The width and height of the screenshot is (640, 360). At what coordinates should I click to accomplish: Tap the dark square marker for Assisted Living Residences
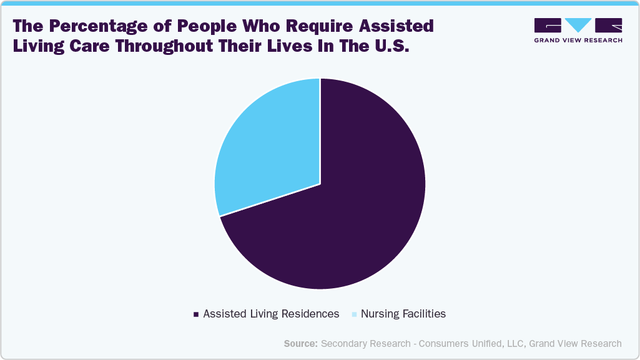pyautogui.click(x=196, y=314)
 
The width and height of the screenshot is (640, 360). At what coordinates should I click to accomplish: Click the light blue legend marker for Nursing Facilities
pyautogui.click(x=354, y=314)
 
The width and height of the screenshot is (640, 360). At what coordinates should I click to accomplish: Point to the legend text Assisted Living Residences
pyautogui.click(x=271, y=314)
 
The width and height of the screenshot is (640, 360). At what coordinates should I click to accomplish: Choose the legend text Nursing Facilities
pyautogui.click(x=403, y=314)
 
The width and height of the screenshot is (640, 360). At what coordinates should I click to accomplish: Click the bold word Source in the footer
pyautogui.click(x=300, y=343)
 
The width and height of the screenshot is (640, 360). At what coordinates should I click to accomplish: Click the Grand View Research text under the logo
pyautogui.click(x=578, y=40)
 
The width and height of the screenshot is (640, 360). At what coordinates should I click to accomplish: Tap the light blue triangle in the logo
pyautogui.click(x=578, y=25)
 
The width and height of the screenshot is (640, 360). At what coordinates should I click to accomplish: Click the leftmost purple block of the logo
pyautogui.click(x=548, y=25)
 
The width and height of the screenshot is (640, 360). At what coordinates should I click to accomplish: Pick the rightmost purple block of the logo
pyautogui.click(x=609, y=25)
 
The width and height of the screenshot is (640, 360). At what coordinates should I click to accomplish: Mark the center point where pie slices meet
pyautogui.click(x=320, y=184)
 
